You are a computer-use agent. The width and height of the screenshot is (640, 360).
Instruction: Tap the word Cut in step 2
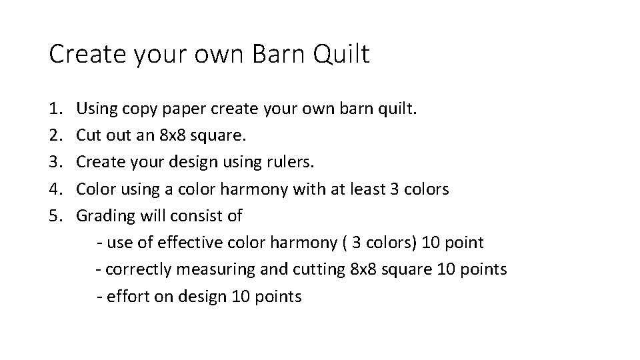pyautogui.click(x=87, y=135)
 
